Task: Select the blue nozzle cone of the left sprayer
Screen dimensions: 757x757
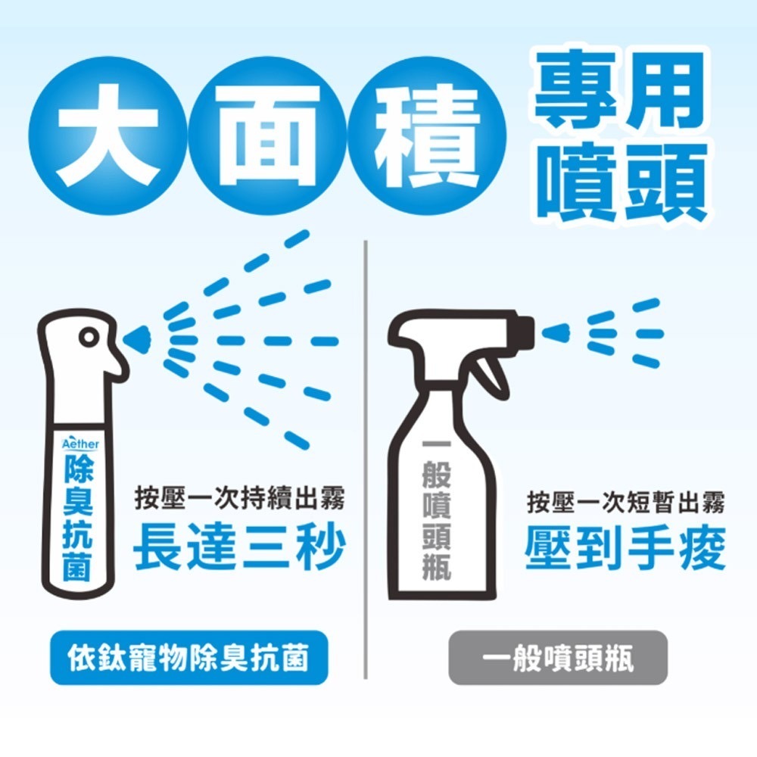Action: coord(139,338)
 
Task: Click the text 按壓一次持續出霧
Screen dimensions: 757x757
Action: coord(239,501)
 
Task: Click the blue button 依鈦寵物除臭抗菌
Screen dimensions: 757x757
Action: coord(188,659)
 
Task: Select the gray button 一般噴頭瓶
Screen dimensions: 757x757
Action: coord(558,659)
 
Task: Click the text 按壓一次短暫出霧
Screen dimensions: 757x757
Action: coord(626,501)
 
